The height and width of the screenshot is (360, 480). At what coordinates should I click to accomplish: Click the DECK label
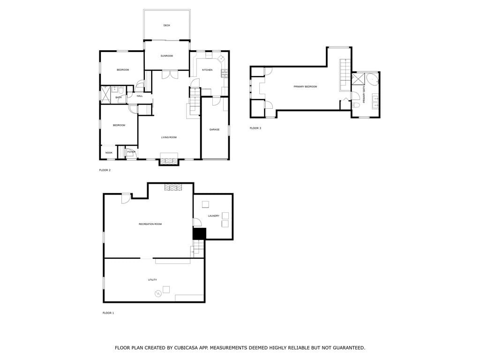coord(166,25)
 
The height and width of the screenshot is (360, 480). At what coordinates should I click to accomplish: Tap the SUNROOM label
coord(167,56)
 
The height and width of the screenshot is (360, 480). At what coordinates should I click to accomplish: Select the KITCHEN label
coord(207,70)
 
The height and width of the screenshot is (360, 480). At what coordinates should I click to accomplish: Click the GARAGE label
coord(214,129)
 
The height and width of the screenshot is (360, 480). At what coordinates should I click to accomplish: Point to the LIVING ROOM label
coord(169,137)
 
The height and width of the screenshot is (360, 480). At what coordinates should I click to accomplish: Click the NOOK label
coord(109,152)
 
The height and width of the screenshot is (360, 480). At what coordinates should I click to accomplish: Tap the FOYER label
coord(131,151)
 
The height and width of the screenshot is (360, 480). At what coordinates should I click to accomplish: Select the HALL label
coord(140,96)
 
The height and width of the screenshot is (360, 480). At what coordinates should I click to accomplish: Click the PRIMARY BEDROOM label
coord(305,87)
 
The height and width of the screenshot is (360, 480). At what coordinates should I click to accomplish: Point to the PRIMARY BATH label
coord(364,94)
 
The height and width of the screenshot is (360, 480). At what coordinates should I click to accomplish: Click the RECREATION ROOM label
coord(150,224)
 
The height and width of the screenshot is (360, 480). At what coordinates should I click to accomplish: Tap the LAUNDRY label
coord(214,216)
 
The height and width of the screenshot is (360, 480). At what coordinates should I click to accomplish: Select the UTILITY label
coord(152,280)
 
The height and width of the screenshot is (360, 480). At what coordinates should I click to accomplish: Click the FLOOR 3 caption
coord(255,128)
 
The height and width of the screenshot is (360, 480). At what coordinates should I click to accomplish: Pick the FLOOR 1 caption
coord(108,313)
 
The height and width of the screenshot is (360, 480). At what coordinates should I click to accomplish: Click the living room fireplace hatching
coord(169,161)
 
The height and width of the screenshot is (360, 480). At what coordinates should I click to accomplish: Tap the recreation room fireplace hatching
coord(173,187)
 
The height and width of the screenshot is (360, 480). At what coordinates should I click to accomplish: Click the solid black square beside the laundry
coord(199,234)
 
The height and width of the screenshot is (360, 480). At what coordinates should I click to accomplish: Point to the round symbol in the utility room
coord(157,294)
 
